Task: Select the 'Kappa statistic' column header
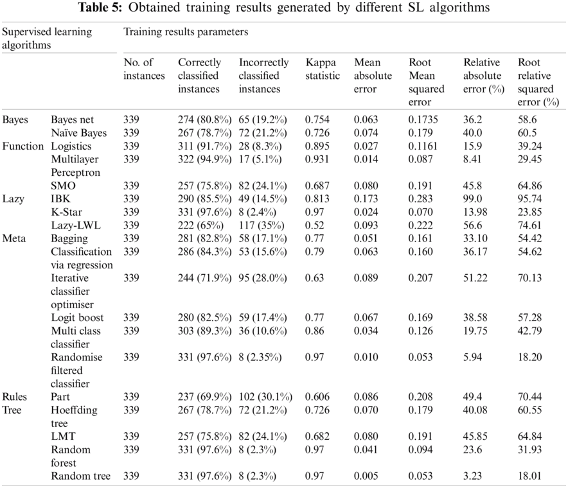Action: [323, 69]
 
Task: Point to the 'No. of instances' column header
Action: [144, 69]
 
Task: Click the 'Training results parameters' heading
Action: [185, 31]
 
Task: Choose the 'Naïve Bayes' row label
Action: [78, 133]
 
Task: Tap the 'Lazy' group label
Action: [13, 199]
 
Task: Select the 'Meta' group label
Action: [14, 239]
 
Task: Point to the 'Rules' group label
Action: [15, 397]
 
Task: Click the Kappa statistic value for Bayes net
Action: [318, 120]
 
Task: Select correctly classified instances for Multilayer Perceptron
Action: [204, 159]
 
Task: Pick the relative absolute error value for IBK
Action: [473, 199]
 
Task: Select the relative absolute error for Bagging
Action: [475, 239]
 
